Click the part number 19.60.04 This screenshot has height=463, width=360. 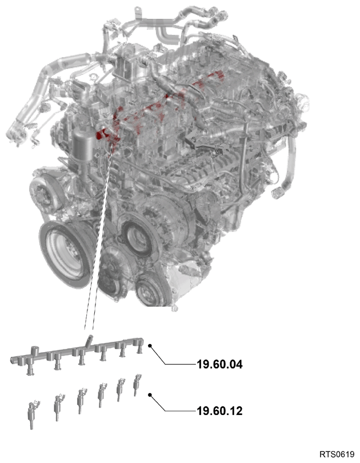219,364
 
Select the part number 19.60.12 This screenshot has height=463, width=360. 219,411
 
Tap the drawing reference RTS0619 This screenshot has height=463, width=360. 337,453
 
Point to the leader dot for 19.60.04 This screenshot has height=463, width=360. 150,346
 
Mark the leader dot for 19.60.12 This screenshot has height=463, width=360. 150,395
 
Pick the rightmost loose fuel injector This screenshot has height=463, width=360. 137,385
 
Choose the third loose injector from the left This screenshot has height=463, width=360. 81,400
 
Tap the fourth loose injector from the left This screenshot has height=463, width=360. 102,394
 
